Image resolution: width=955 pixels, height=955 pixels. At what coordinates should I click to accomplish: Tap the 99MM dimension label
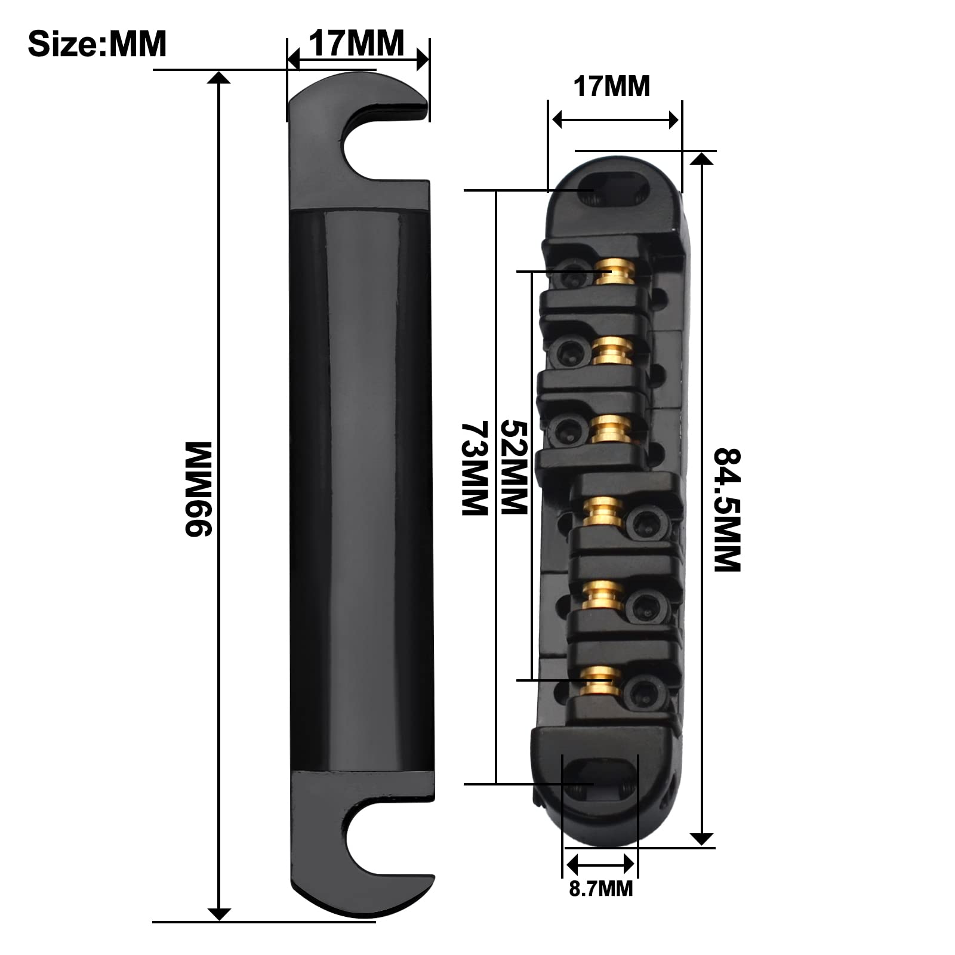coord(198,489)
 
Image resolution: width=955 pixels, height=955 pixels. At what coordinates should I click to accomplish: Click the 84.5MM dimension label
coord(728,510)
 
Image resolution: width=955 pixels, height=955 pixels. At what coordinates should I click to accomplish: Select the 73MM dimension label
coord(475,468)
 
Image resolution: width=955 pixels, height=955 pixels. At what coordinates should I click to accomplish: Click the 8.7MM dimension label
coord(600,889)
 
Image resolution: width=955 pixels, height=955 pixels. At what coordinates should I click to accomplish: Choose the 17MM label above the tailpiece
coord(356,43)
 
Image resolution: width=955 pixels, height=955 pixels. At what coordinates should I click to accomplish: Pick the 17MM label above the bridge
coord(611,87)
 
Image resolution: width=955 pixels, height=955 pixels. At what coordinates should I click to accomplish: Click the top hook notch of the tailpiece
coord(382,143)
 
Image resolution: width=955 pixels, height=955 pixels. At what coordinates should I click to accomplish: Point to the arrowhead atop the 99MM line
coord(220,78)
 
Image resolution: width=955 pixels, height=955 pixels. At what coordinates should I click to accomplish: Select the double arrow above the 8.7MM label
coord(600,863)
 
